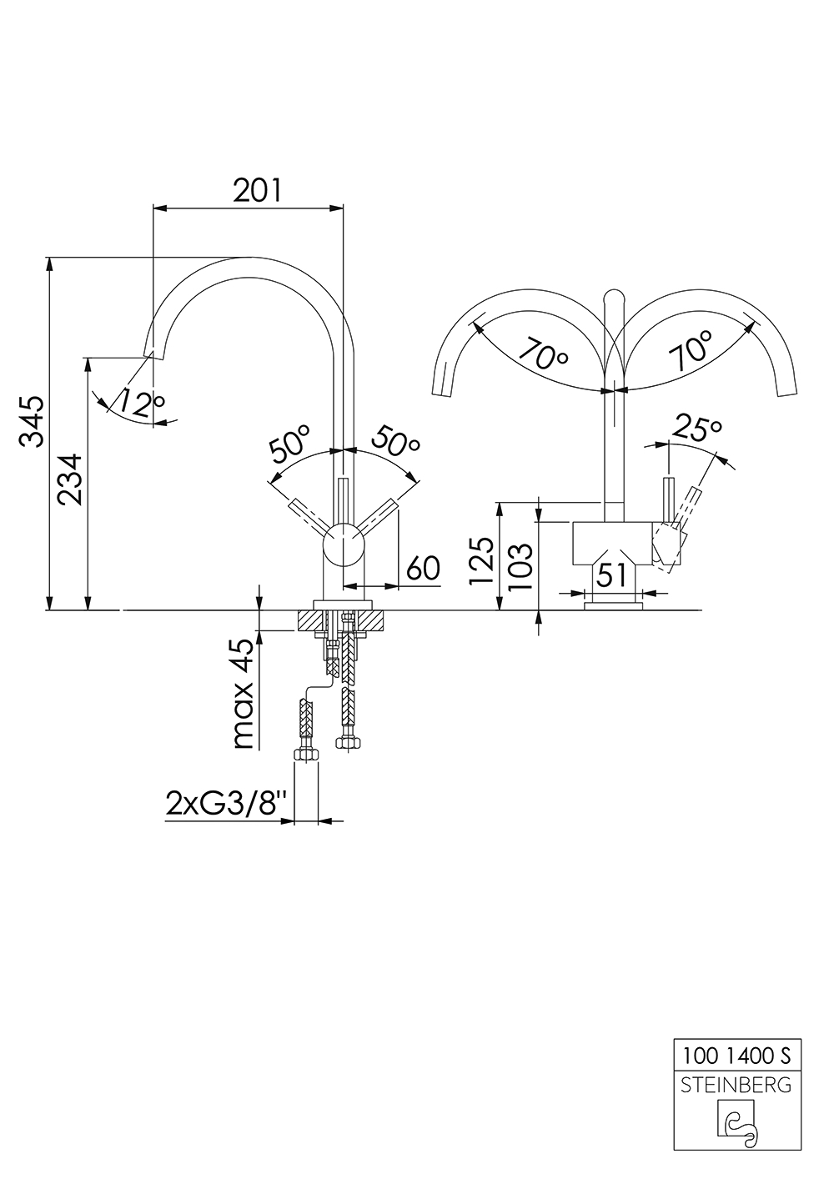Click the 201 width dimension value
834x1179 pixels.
(257, 190)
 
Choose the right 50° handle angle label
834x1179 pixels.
(395, 442)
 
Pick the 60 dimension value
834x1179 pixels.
(423, 569)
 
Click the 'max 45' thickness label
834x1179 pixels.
(241, 694)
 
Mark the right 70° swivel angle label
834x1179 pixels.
(690, 351)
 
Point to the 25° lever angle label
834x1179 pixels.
(696, 429)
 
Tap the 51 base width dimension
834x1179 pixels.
(613, 574)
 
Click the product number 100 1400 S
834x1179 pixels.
(736, 1056)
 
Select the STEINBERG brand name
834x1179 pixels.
(736, 1085)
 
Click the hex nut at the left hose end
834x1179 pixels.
(306, 755)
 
